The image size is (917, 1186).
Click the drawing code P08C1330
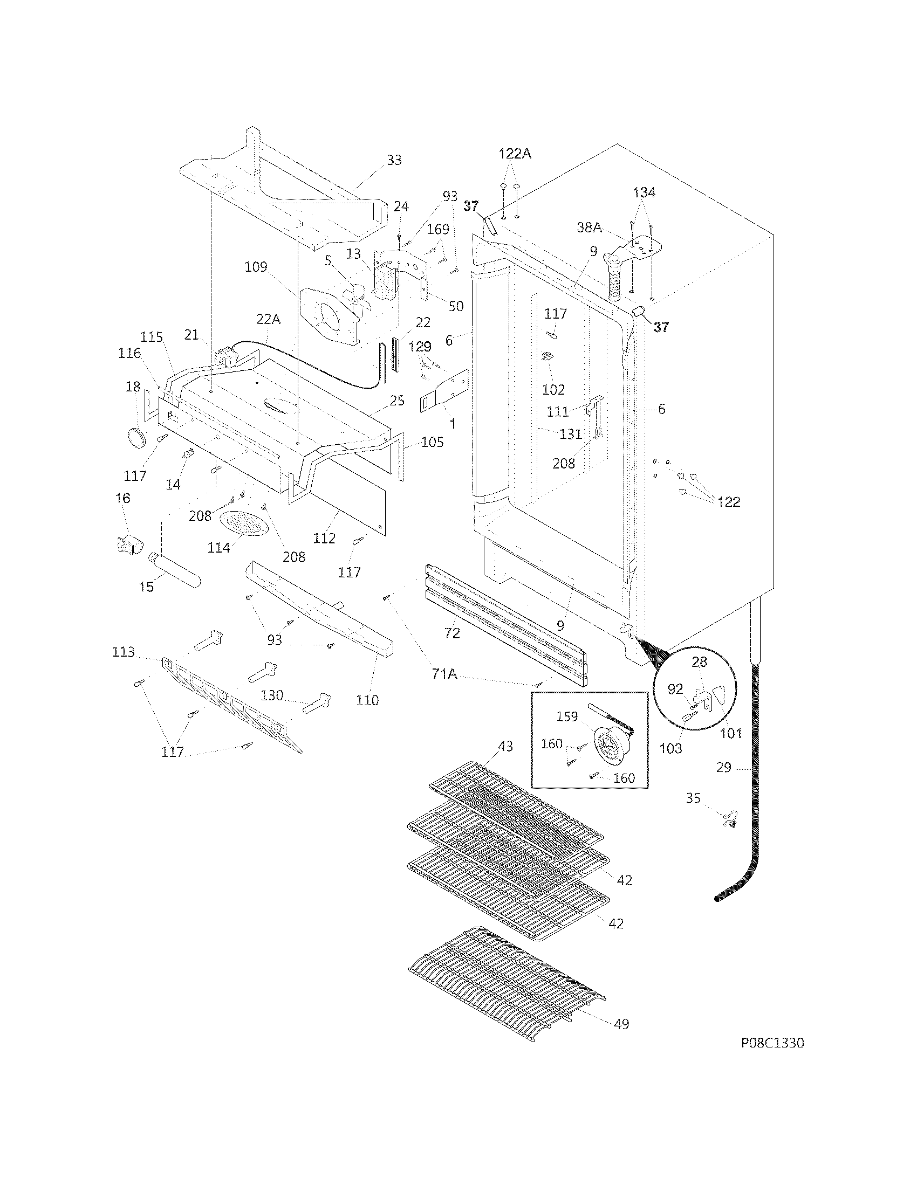tap(772, 1043)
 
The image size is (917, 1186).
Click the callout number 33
tap(394, 160)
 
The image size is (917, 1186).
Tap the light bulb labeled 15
tap(175, 568)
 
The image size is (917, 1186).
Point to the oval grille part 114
tap(244, 522)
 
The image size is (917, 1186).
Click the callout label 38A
tap(589, 227)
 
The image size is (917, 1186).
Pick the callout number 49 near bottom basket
tap(621, 1024)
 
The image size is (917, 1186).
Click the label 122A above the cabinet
tap(515, 154)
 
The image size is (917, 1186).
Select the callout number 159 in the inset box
tap(566, 716)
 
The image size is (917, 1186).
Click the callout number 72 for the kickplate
tap(452, 633)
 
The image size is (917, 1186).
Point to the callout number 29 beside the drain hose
tap(723, 767)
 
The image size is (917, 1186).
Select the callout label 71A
tap(444, 674)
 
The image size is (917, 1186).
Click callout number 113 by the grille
tap(124, 652)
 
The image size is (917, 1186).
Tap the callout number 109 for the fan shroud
tap(256, 267)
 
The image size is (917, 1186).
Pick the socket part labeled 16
tap(129, 542)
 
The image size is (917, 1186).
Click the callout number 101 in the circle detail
tap(731, 733)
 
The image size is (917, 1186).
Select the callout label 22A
tap(269, 320)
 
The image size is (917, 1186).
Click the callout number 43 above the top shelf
tap(505, 747)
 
